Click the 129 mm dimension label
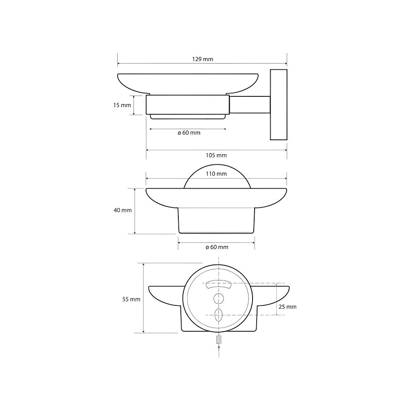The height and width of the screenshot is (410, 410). tap(203, 59)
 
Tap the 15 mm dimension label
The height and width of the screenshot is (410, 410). tap(122, 105)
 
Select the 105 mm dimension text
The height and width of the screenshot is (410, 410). tap(216, 155)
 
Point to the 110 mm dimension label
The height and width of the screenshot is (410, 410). tap(216, 173)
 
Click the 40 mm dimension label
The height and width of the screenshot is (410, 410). tap(123, 210)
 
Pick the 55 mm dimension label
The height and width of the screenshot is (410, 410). tap(131, 299)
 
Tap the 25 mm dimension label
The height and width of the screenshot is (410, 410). tap(287, 306)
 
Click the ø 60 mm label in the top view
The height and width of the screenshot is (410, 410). tap(189, 132)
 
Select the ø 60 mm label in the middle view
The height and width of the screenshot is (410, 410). tap(217, 247)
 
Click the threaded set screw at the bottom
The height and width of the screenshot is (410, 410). tap(219, 339)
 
